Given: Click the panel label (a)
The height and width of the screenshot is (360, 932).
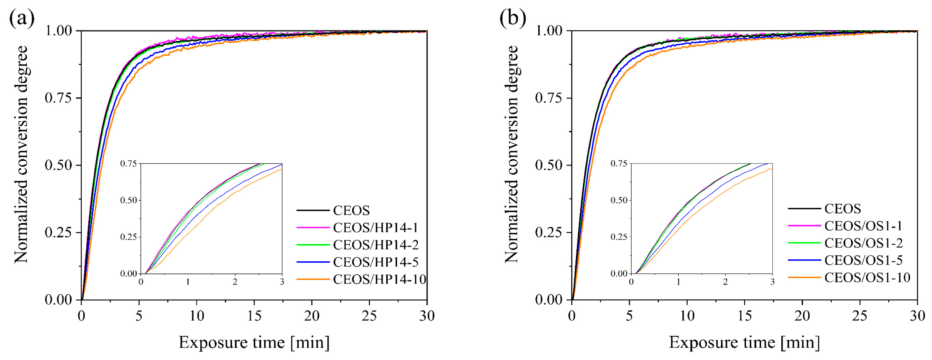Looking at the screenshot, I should (22, 18).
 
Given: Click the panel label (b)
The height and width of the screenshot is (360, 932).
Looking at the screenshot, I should (513, 18).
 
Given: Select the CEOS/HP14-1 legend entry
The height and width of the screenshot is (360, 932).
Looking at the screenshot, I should (375, 227).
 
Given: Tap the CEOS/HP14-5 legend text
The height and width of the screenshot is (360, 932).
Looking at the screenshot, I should (376, 262).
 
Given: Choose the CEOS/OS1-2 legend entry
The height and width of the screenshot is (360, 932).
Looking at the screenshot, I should (863, 243).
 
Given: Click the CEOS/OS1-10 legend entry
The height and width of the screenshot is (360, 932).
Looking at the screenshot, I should (867, 278).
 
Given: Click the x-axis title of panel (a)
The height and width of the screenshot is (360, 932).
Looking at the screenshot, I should (254, 342).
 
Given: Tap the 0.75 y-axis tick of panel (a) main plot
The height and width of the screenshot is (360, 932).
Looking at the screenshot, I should (58, 98).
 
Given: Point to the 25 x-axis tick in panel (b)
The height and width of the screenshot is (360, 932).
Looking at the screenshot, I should (860, 316).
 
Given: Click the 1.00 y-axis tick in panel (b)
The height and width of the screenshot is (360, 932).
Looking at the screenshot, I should (549, 31).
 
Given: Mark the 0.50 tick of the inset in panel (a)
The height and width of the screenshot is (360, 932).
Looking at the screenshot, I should (129, 200).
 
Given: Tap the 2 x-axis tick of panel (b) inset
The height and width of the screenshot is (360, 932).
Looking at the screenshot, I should (725, 282).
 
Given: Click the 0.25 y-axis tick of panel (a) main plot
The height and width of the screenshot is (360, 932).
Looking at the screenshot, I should (58, 232).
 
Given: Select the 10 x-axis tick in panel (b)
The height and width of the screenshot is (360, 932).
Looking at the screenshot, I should (687, 316).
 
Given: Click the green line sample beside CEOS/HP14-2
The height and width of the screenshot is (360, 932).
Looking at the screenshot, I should (313, 245).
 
